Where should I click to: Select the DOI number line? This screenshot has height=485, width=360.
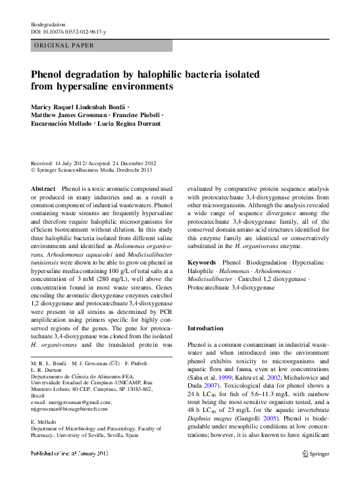(x=68, y=31)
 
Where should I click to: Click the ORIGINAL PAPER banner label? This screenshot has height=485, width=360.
(x=63, y=45)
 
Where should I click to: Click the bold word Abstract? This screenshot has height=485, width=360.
(x=43, y=189)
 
